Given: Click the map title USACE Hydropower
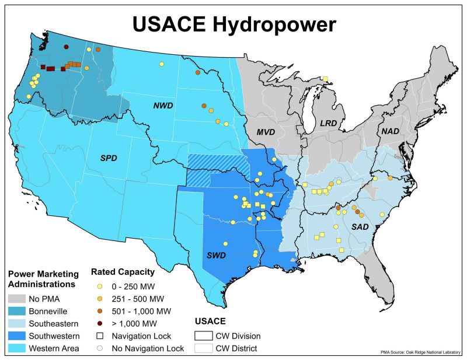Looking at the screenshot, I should tap(233, 24).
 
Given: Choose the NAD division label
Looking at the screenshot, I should tap(390, 131).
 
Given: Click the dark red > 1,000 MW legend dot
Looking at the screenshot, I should tap(99, 323).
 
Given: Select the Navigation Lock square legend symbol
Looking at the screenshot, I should tap(99, 335).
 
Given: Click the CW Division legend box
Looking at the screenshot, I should tap(204, 335).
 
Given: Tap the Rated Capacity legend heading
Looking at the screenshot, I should tap(123, 272).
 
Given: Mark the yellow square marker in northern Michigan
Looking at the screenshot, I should tap(326, 79).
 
